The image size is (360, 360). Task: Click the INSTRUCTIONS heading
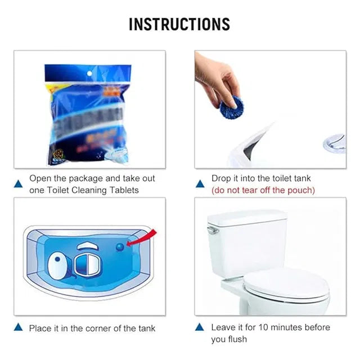[179, 24]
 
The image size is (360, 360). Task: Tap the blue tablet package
[88, 115]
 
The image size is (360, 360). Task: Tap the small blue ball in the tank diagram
[120, 246]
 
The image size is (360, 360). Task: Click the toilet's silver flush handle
[212, 230]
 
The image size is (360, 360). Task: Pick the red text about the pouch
[263, 190]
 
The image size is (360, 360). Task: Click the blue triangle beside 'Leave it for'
[200, 327]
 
